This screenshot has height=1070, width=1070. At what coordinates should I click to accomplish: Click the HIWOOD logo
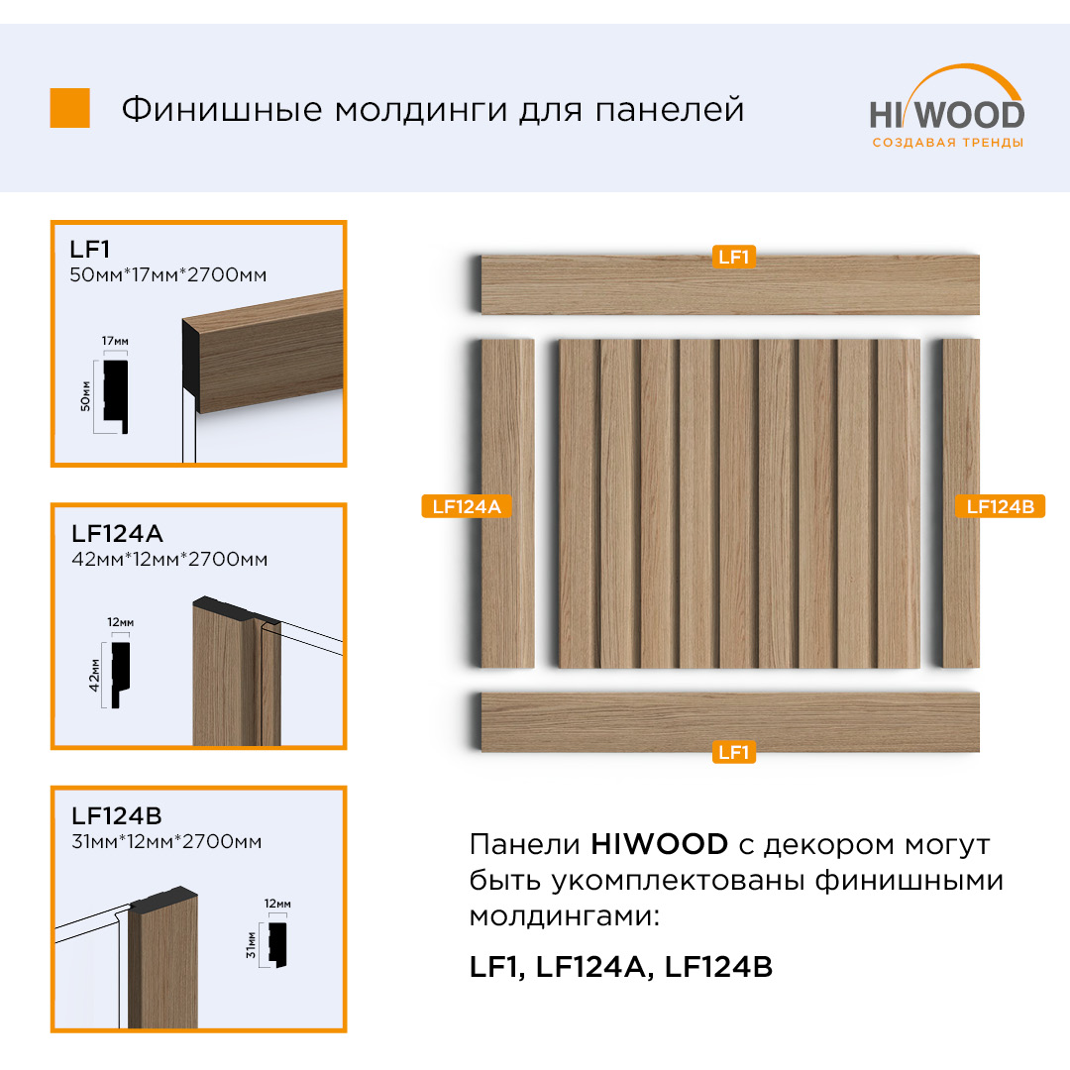(947, 106)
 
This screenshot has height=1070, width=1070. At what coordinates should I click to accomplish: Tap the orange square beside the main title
(69, 108)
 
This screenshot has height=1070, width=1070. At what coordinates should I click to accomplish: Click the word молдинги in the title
(421, 110)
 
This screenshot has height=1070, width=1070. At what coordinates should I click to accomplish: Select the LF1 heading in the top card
(89, 249)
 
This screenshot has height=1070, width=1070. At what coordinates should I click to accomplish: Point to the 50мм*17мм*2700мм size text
(167, 275)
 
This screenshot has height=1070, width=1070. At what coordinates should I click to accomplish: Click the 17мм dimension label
(115, 341)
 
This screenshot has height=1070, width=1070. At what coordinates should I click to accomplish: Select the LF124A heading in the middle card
(117, 533)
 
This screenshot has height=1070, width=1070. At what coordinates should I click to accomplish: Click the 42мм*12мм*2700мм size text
(169, 560)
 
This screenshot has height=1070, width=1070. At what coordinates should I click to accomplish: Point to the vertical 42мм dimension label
(94, 675)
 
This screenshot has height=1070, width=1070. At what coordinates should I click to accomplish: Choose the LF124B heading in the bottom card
(117, 815)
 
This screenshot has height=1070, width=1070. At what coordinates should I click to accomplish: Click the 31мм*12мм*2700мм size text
(166, 841)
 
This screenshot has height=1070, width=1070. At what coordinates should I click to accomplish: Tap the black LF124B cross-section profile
(277, 944)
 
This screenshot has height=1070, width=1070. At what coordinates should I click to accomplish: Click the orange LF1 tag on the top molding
(733, 257)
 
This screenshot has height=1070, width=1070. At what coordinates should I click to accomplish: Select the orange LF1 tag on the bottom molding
(733, 752)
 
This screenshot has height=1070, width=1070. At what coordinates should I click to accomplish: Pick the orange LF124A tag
(467, 506)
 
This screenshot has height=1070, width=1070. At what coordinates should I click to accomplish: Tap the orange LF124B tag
(1000, 506)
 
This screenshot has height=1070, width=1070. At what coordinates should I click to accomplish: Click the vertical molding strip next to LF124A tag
(507, 503)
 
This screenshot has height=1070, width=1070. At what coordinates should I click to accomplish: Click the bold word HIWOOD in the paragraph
(659, 844)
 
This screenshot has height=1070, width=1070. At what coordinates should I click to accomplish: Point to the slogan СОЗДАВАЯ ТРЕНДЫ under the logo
(948, 143)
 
